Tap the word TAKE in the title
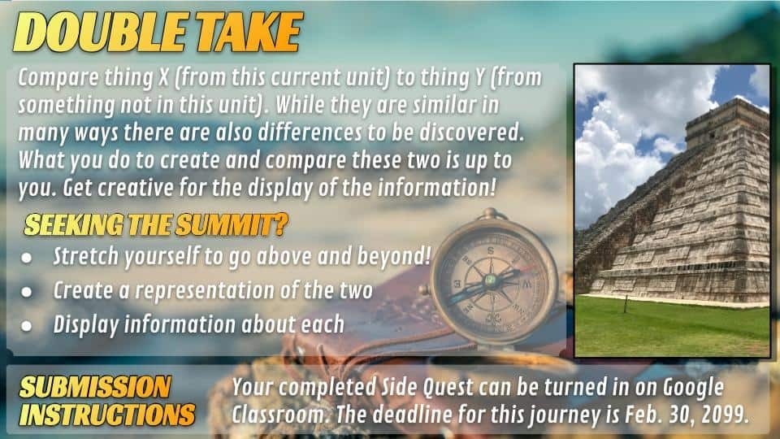coord(249,32)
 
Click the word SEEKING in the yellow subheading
coord(73,225)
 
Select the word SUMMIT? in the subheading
coord(232,225)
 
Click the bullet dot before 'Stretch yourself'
coord(26,258)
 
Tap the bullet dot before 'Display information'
coord(26,326)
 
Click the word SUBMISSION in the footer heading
coord(95,387)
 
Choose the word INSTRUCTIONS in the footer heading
coord(107,415)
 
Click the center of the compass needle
coord(491,280)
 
